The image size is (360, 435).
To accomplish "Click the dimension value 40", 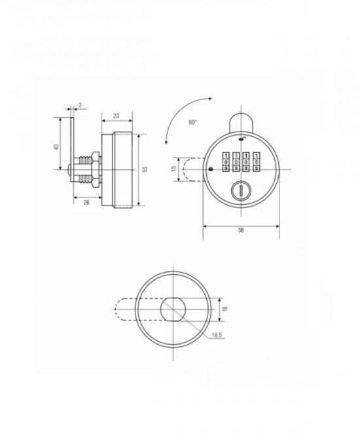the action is pos(56,147).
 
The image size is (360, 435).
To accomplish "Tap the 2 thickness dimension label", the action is pos(80,105).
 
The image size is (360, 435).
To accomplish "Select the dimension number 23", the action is pos(116,116).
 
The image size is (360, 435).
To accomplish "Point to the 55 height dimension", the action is pos(145,169).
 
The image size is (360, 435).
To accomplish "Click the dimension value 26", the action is pos(86,203).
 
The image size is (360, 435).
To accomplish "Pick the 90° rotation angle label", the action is pos(192,122).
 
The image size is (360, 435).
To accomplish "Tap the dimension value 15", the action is pos(174,168).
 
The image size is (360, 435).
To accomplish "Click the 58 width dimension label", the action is pos(241,230).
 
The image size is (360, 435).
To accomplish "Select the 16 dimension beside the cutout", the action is pos(225,309).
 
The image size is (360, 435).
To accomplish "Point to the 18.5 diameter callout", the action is pos(217,335).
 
